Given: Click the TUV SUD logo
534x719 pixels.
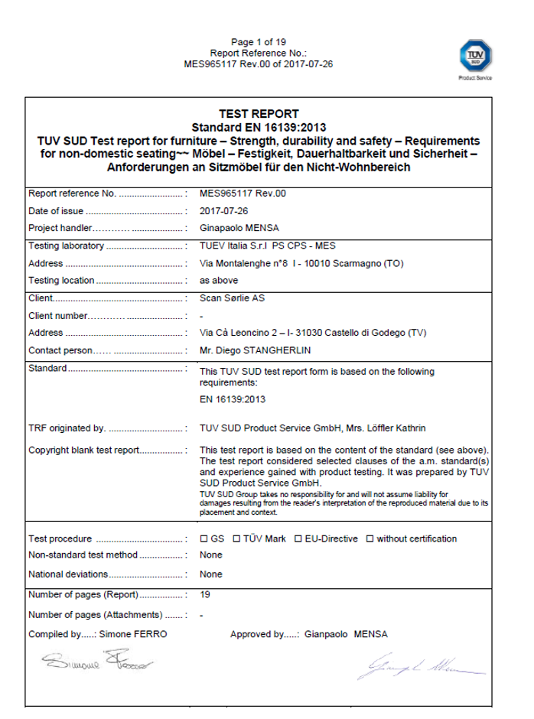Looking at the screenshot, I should click(x=474, y=58).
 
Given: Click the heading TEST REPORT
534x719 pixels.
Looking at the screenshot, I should click(x=259, y=114).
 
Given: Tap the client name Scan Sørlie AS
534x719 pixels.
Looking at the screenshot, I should click(x=228, y=298).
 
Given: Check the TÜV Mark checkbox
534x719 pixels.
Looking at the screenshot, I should click(x=237, y=539).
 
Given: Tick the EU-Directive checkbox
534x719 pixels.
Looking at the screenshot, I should click(x=298, y=539).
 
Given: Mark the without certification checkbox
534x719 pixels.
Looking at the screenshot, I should click(x=370, y=539).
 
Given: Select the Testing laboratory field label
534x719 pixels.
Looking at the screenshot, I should click(x=65, y=246).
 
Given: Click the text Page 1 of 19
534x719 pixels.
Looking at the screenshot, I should click(x=259, y=41).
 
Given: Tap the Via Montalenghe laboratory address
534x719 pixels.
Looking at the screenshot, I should click(x=297, y=263).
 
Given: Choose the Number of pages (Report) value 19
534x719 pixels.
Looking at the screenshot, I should click(x=204, y=594).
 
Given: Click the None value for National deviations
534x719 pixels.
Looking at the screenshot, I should click(x=210, y=574).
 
